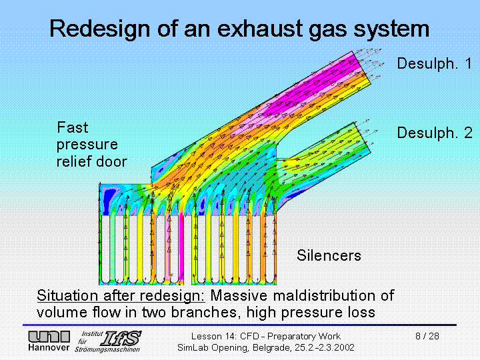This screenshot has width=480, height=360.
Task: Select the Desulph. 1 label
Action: pos(435,64)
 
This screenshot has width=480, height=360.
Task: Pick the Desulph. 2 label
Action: pos(435,133)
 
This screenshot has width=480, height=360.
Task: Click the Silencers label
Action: pos(329,255)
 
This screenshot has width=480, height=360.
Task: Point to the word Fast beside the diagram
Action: pos(72,127)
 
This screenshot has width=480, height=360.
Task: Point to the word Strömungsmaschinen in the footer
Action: pos(107,349)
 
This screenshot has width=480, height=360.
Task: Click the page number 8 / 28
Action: pos(427,336)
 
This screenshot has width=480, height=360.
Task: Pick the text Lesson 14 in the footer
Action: pos(212,336)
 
